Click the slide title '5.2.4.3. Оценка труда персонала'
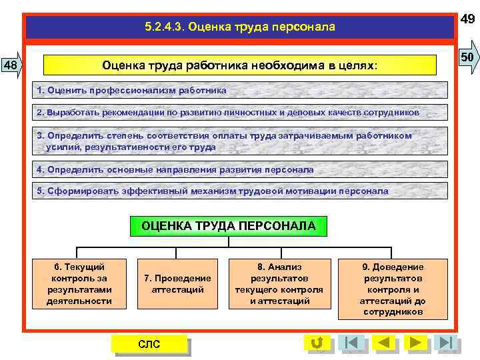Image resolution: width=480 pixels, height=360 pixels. pyautogui.click(x=239, y=27)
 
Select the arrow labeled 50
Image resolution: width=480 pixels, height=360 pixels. pyautogui.click(x=467, y=58)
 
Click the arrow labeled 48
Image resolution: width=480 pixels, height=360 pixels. pyautogui.click(x=11, y=65)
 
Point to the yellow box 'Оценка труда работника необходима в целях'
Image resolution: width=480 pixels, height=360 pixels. pyautogui.click(x=239, y=66)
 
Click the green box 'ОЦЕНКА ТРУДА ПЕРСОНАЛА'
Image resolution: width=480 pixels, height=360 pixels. pyautogui.click(x=229, y=226)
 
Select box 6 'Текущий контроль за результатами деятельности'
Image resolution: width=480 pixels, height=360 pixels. pyautogui.click(x=79, y=284)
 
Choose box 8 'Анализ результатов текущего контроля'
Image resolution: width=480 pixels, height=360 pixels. pyautogui.click(x=279, y=284)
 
